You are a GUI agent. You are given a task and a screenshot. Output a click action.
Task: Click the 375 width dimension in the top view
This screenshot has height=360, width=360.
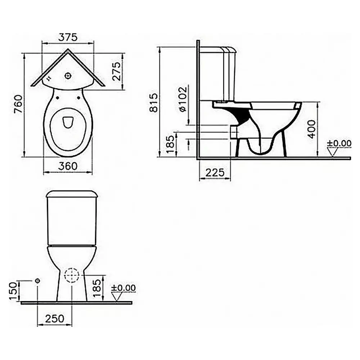coord(68,37)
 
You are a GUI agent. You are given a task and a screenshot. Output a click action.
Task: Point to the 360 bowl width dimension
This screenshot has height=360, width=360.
coord(68,166)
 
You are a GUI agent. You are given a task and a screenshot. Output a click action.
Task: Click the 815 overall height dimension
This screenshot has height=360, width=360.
coord(154,102)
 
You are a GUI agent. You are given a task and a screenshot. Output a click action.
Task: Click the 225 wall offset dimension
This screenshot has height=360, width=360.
coord(215,172)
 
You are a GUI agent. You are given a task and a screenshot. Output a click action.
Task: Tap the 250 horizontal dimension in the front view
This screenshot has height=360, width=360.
coord(55,319)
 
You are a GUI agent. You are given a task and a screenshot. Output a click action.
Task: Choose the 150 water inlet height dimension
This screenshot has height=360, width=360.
coord(13,291)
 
